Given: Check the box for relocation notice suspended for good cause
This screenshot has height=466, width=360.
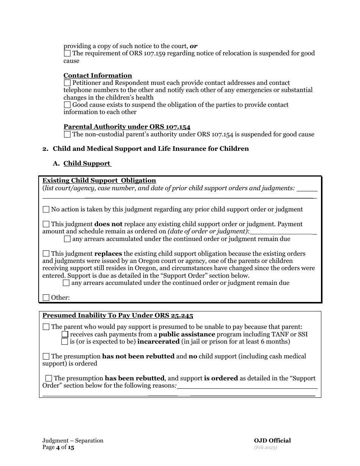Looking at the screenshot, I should click(x=67, y=53).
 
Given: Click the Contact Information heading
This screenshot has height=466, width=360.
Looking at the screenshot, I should click(x=98, y=75).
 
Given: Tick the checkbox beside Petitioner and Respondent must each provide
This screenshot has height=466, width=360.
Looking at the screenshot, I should click(x=67, y=83).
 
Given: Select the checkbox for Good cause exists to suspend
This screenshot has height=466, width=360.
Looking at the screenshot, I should click(x=67, y=105).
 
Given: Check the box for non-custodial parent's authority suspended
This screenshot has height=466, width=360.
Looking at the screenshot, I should click(x=67, y=134).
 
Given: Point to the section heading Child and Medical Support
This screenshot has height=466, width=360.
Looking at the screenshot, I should click(x=150, y=149).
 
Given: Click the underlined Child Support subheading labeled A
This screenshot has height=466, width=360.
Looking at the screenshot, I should click(x=87, y=163).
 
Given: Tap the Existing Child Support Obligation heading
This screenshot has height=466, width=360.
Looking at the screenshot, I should click(x=99, y=180).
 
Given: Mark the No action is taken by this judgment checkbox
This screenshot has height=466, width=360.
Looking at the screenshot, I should click(x=46, y=209).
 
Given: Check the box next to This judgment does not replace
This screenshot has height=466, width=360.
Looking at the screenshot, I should click(x=46, y=224).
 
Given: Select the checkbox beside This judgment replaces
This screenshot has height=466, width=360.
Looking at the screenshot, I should click(x=46, y=253).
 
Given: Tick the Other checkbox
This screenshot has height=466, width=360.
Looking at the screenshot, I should click(x=46, y=297).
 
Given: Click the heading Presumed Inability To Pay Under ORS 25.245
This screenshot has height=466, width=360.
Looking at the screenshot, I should click(x=117, y=316).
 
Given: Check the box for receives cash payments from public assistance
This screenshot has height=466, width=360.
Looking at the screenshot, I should click(x=65, y=334).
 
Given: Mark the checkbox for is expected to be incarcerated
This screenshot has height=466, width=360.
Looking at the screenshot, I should click(x=65, y=342).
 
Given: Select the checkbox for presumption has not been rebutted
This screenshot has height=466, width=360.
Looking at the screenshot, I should click(x=46, y=356).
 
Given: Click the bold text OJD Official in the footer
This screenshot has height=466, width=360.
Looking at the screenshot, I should click(x=272, y=440).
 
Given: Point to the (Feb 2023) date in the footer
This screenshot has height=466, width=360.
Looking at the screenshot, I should click(x=265, y=447).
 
